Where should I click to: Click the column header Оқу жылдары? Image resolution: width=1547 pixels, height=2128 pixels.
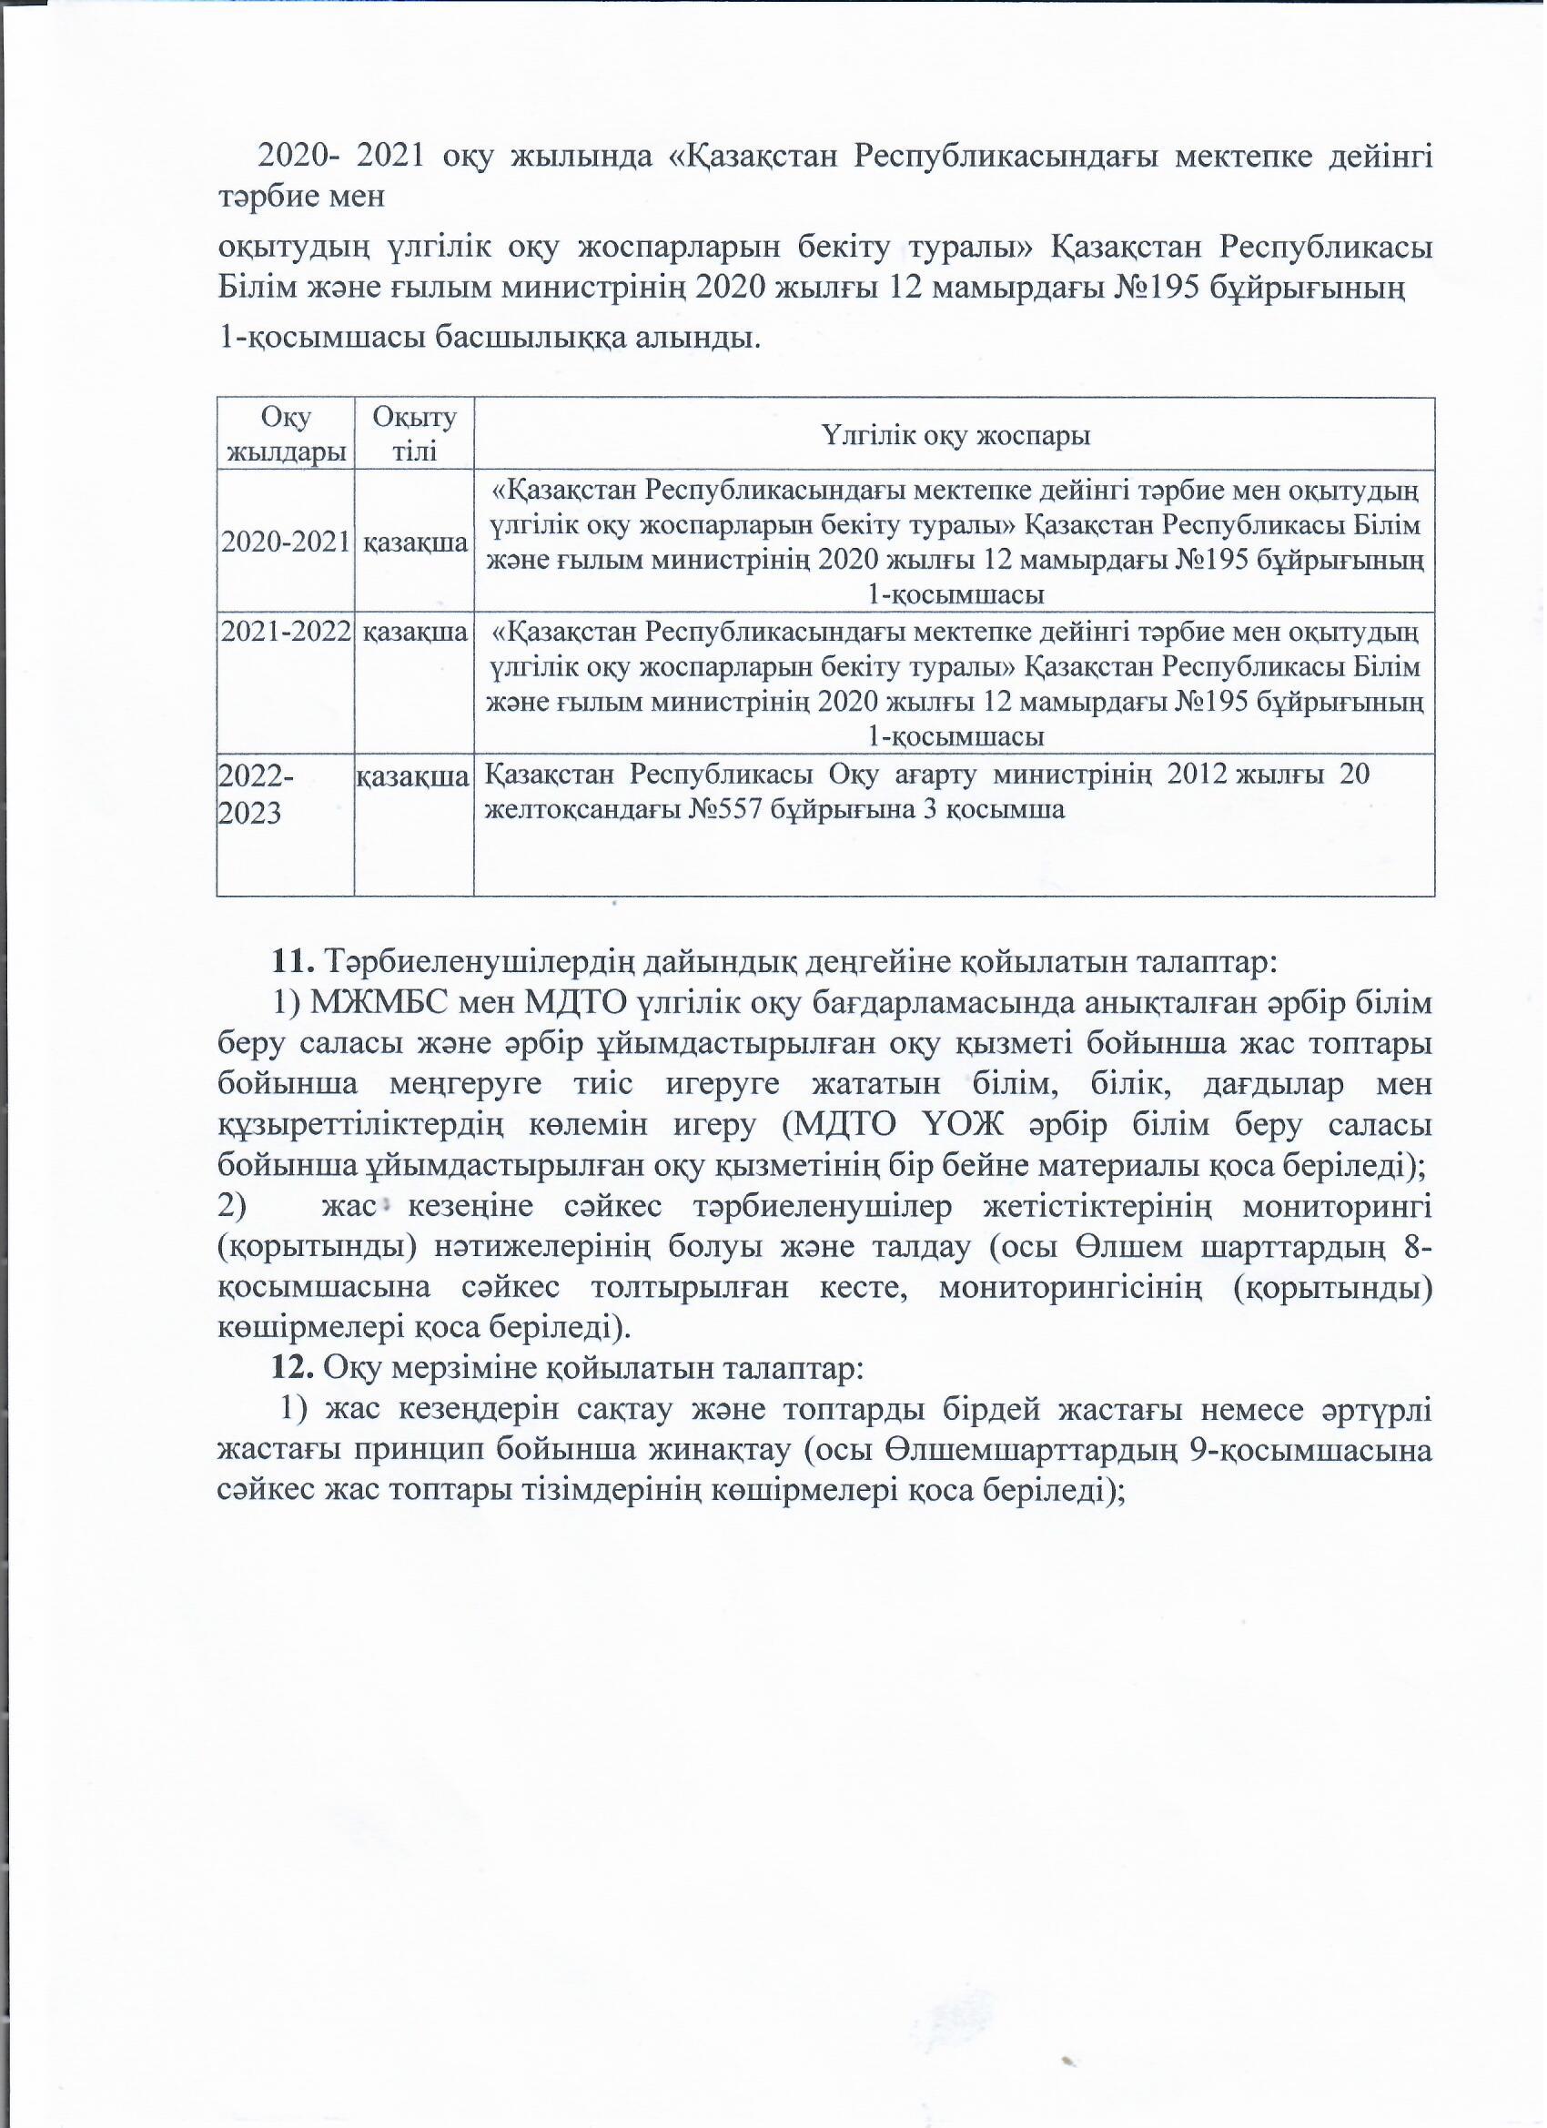[x=286, y=434]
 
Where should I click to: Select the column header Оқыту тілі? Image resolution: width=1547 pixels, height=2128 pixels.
[x=414, y=434]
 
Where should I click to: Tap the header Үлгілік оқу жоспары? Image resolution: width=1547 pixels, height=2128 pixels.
[x=955, y=435]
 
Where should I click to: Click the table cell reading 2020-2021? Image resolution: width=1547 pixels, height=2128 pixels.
[x=285, y=542]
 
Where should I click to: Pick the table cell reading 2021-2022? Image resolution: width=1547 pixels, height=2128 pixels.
[x=285, y=632]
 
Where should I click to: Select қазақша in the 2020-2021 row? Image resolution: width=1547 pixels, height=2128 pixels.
[x=415, y=543]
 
